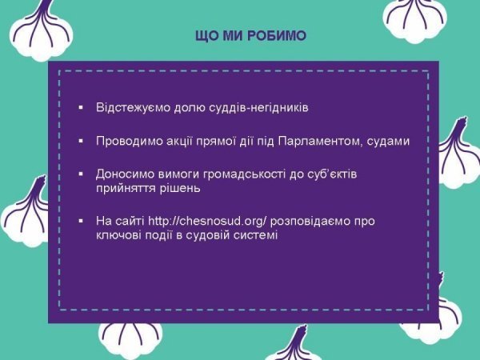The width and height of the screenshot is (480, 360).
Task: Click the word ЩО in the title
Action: (207, 37)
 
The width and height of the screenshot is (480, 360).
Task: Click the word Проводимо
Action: (126, 142)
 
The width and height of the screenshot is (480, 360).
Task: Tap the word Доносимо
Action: (123, 174)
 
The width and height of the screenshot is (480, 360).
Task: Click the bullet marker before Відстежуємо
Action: (80, 107)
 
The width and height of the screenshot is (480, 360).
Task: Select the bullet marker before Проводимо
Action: (80, 142)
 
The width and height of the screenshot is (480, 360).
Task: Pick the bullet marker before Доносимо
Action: (80, 174)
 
